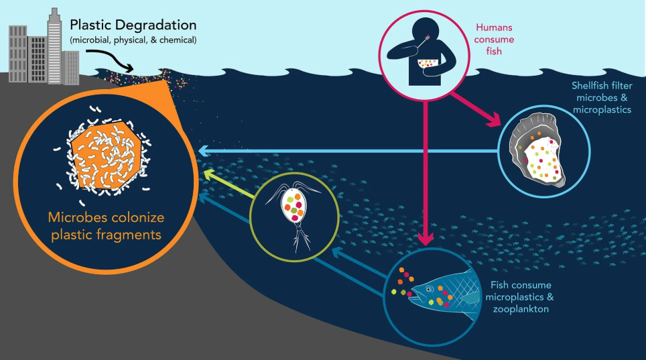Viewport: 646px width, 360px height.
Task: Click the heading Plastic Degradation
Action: point(133,25)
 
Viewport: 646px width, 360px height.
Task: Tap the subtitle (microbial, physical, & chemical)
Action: point(133,41)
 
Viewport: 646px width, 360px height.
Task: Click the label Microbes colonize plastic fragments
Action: point(106,227)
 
